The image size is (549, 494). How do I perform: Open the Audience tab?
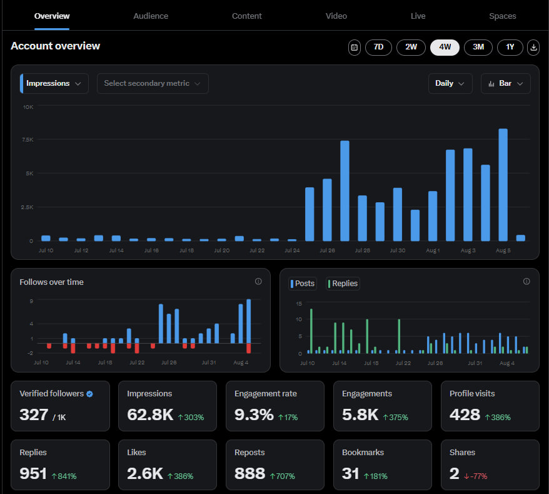click(151, 16)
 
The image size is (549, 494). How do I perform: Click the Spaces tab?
click(502, 16)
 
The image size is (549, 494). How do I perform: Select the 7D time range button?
click(378, 47)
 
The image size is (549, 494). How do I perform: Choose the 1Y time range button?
click(510, 47)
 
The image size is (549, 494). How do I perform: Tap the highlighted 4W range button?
click(445, 47)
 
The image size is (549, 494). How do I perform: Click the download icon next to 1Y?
click(533, 47)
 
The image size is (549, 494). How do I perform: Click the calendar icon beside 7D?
click(355, 47)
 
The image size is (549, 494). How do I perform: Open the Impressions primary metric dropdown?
click(54, 83)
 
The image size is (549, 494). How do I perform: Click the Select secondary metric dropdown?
click(153, 83)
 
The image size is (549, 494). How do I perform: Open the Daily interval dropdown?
click(450, 83)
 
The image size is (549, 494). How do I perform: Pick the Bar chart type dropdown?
click(505, 83)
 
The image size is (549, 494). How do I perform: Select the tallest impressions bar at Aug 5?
click(503, 185)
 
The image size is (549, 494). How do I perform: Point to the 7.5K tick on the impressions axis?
click(28, 140)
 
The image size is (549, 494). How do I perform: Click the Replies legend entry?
click(343, 284)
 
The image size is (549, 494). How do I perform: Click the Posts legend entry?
click(303, 284)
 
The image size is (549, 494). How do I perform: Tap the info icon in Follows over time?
click(258, 282)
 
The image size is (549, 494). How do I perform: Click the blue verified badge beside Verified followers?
click(89, 394)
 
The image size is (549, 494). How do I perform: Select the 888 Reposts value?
click(249, 473)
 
